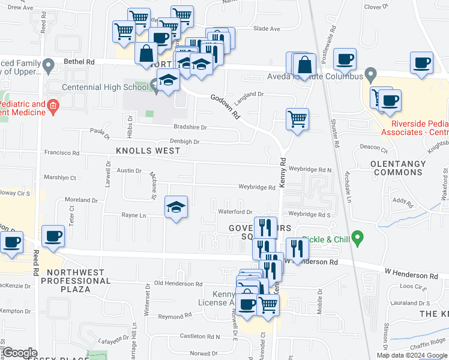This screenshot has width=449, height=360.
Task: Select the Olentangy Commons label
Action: pyautogui.click(x=398, y=167)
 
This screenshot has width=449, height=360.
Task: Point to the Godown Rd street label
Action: pyautogui.click(x=224, y=106)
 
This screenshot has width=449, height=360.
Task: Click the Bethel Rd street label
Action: pyautogui.click(x=82, y=62)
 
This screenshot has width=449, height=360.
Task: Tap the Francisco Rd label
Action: pyautogui.click(x=62, y=153)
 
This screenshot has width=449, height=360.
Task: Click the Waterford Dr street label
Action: pyautogui.click(x=235, y=212)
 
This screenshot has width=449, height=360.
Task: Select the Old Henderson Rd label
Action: pyautogui.click(x=178, y=283)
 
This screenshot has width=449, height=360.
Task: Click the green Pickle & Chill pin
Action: pyautogui.click(x=358, y=239)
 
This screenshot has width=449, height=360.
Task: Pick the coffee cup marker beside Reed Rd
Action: pyautogui.click(x=53, y=236)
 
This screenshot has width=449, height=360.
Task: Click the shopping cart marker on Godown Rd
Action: pyautogui.click(x=297, y=119)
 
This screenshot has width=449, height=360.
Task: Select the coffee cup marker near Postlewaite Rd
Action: pyautogui.click(x=345, y=59)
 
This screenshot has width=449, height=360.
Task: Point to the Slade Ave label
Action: pyautogui.click(x=267, y=29)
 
